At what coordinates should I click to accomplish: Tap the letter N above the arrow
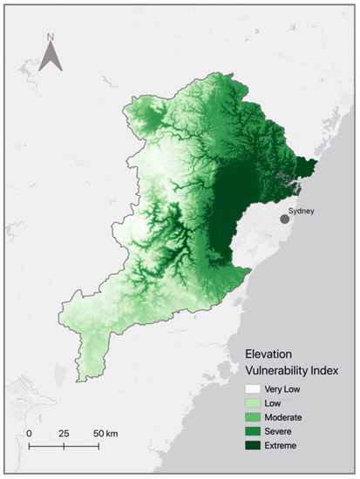(x=51, y=37)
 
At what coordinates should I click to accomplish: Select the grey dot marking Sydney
(x=284, y=219)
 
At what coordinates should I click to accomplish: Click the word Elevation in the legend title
(x=271, y=355)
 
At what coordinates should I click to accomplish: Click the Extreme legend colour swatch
(x=253, y=445)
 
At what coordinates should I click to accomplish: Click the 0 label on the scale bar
(x=29, y=433)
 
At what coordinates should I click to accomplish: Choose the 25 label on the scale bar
(x=63, y=433)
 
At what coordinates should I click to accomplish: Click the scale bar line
(x=63, y=446)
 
